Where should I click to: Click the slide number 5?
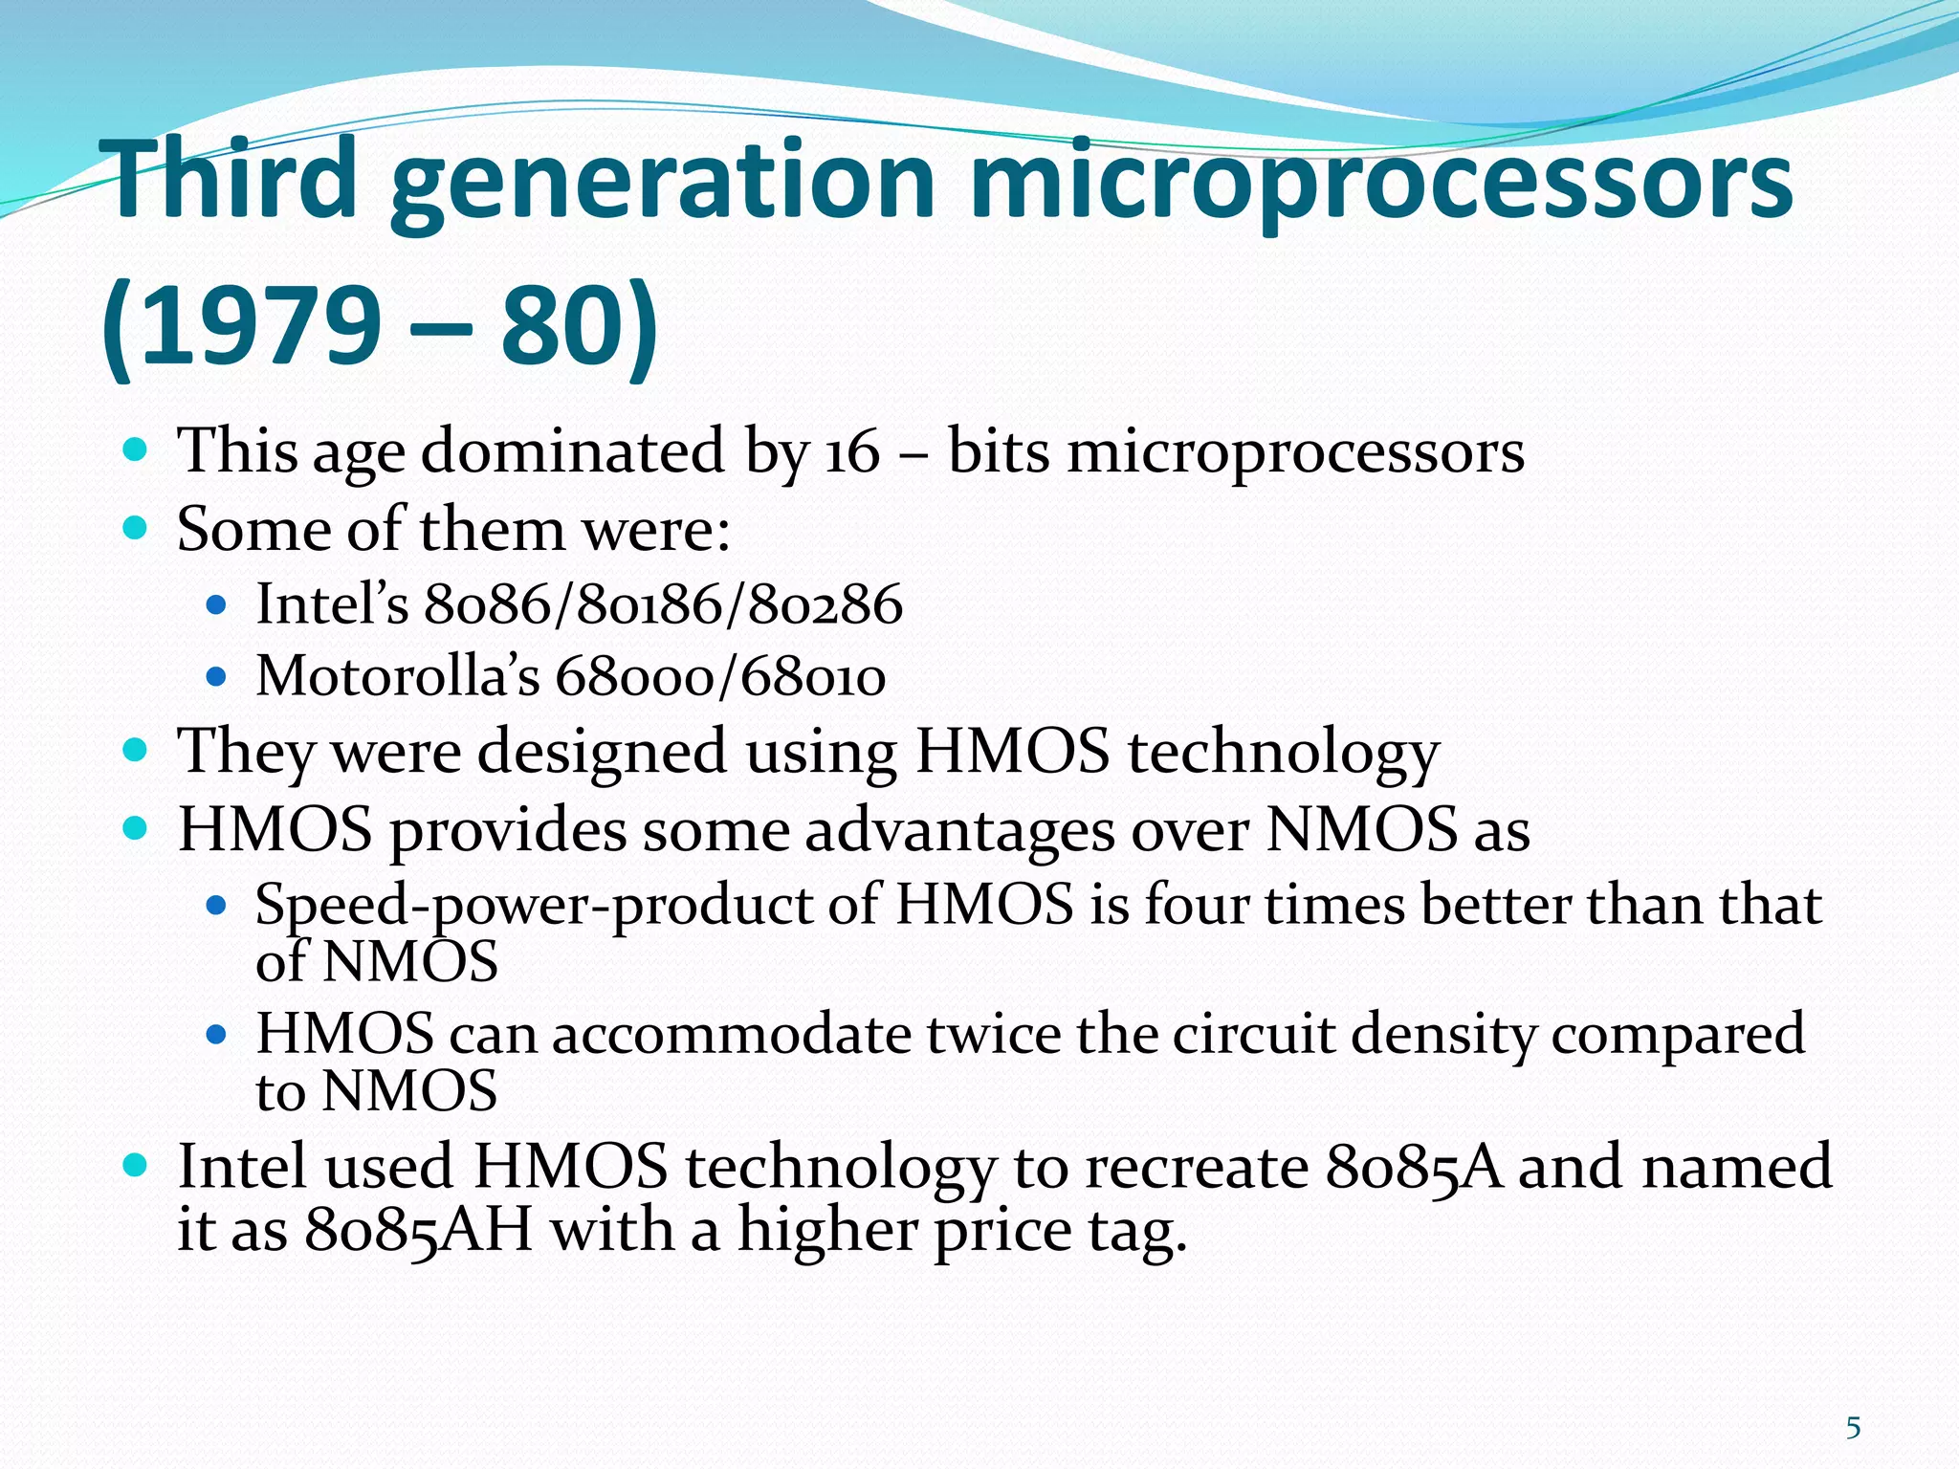click(1853, 1429)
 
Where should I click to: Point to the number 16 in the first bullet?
click(851, 451)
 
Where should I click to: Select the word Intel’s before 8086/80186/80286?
click(332, 604)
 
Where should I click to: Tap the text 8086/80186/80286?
click(663, 604)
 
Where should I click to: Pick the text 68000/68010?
click(720, 676)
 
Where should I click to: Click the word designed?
click(602, 751)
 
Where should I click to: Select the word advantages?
click(959, 830)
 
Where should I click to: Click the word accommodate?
click(732, 1035)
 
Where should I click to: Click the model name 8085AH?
click(418, 1229)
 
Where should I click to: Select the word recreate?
click(1197, 1167)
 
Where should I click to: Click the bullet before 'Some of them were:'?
click(136, 527)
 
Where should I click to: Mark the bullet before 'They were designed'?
click(136, 749)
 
